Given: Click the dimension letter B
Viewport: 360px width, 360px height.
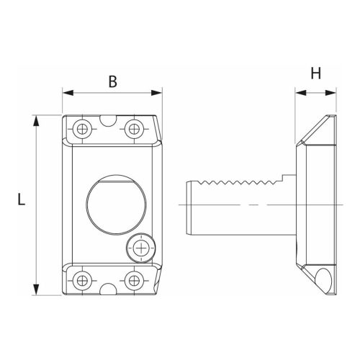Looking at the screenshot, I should point(112,81).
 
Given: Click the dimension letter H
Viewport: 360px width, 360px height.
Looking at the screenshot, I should point(315,73).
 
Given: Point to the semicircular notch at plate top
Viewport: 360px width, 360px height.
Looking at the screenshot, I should point(107,119).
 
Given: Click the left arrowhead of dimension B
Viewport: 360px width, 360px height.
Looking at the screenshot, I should point(67,93).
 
